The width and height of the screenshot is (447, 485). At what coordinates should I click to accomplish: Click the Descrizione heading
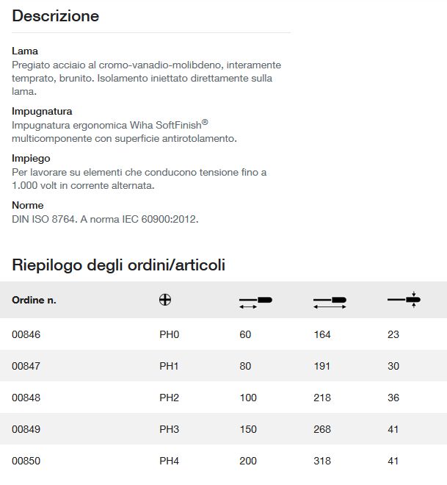(x=56, y=15)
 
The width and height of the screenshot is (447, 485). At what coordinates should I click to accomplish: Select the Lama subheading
(x=25, y=51)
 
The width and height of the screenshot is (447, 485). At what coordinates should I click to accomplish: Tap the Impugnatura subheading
(x=42, y=112)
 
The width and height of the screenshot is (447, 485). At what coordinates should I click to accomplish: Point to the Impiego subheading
(x=31, y=158)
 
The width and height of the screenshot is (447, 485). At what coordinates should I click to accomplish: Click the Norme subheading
(x=28, y=205)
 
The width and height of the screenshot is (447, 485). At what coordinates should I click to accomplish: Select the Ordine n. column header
(x=34, y=300)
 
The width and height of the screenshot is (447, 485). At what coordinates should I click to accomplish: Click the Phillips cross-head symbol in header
(x=165, y=300)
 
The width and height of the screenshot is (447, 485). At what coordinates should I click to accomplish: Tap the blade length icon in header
(x=255, y=301)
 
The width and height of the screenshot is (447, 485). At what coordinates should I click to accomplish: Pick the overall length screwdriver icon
(x=329, y=301)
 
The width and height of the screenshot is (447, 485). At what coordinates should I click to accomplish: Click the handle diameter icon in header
(x=404, y=299)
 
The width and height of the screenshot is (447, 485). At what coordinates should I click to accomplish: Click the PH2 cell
(x=170, y=398)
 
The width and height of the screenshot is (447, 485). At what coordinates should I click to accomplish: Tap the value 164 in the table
(x=322, y=334)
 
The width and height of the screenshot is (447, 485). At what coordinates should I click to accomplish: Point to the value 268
(x=322, y=429)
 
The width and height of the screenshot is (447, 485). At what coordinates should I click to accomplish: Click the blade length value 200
(x=248, y=461)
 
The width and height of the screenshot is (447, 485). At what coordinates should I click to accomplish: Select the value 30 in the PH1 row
(x=393, y=366)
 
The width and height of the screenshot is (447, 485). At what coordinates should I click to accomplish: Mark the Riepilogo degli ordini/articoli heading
(x=119, y=265)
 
